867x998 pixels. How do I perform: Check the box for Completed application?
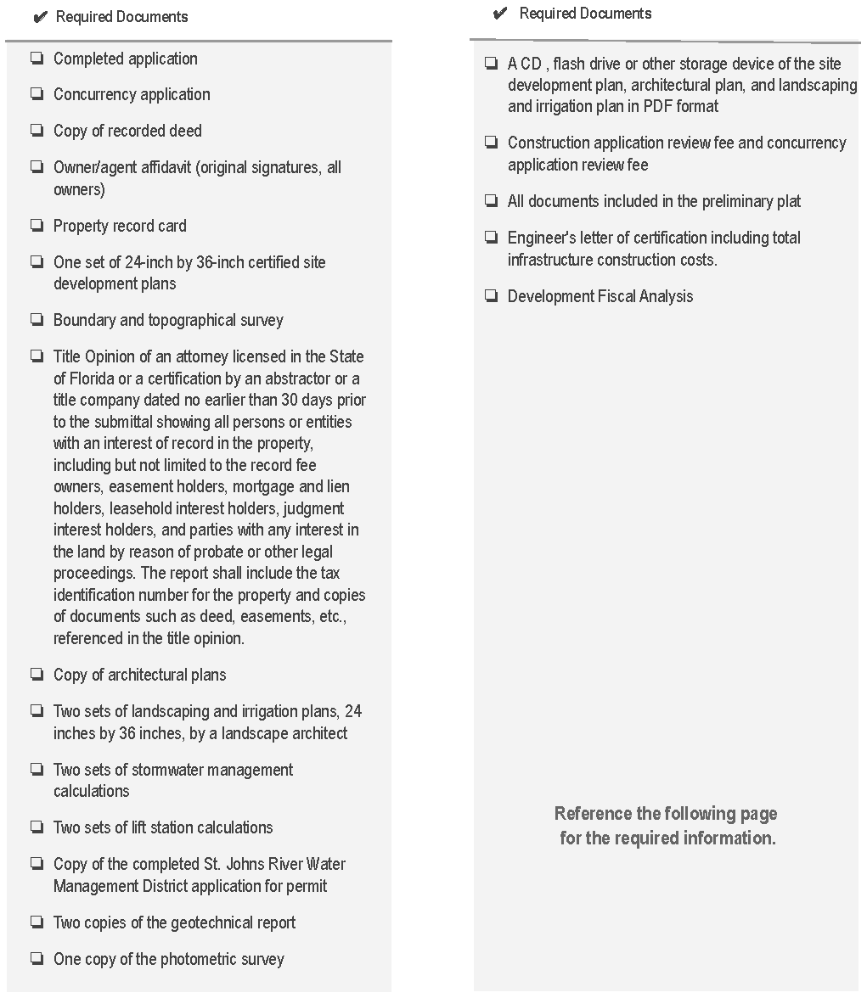point(37,59)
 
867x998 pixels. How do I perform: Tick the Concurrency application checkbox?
point(37,94)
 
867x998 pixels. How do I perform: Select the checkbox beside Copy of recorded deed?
point(37,131)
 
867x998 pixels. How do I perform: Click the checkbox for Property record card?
point(37,226)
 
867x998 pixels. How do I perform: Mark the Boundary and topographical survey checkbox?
point(37,320)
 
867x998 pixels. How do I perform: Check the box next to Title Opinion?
point(37,356)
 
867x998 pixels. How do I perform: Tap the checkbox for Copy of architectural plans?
point(37,675)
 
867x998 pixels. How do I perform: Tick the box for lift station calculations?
point(37,827)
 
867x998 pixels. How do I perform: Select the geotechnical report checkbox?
point(37,922)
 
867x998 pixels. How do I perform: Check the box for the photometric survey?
point(37,959)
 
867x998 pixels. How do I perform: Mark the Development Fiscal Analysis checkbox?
point(491,296)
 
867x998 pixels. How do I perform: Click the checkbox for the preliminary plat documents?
point(491,201)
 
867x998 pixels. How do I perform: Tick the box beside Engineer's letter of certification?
point(491,238)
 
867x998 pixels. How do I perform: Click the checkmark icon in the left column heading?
point(39,18)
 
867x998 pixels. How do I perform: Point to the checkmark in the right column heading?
point(500,14)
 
